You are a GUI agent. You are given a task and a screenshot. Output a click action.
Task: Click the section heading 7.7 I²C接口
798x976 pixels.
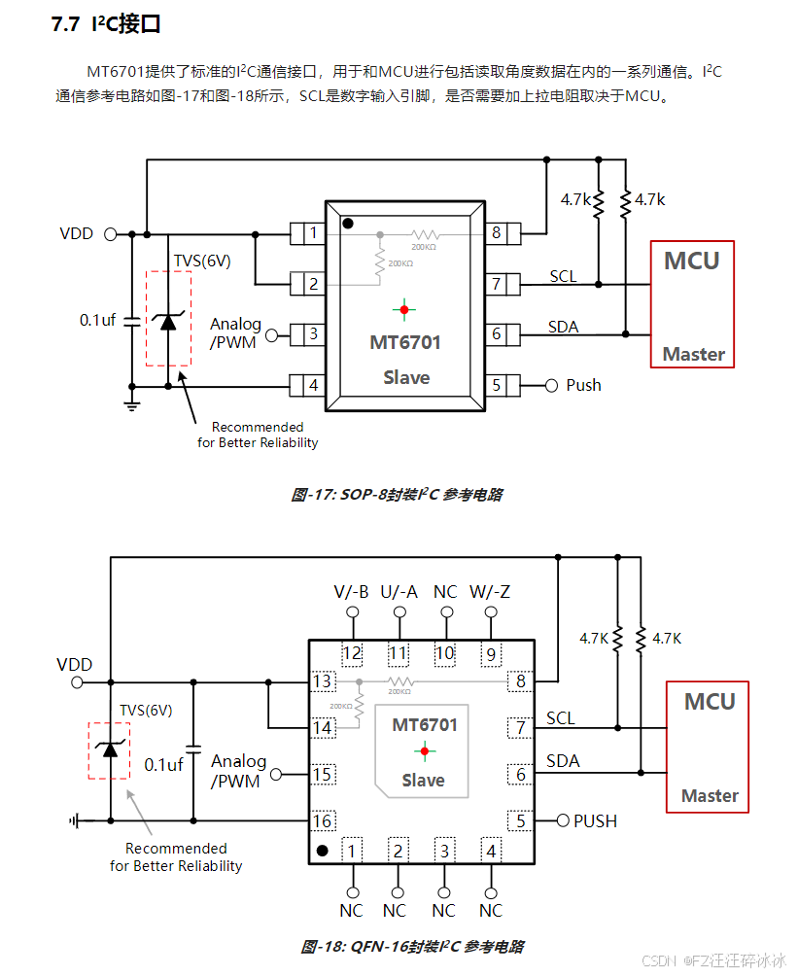tap(106, 25)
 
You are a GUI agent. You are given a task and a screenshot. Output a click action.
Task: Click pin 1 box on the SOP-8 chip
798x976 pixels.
tap(311, 233)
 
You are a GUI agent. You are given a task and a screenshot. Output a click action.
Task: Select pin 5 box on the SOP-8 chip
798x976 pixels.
tap(498, 385)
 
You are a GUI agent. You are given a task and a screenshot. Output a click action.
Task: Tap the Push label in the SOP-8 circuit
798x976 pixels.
tap(583, 385)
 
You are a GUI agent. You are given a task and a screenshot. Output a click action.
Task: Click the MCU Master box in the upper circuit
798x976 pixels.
tap(692, 304)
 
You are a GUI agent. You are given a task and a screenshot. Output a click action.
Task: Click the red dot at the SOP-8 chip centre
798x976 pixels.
tap(404, 309)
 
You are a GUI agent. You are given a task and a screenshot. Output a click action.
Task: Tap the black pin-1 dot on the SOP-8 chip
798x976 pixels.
tap(347, 223)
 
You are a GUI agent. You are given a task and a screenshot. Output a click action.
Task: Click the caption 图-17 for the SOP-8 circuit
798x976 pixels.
tap(397, 495)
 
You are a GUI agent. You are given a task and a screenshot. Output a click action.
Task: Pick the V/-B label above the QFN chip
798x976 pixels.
tap(351, 592)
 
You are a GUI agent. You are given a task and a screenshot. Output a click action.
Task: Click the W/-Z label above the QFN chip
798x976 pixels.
tap(490, 592)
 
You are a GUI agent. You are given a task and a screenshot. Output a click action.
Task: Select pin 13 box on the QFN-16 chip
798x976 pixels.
tap(323, 681)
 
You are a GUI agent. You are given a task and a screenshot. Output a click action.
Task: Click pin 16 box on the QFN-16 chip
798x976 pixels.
tap(323, 821)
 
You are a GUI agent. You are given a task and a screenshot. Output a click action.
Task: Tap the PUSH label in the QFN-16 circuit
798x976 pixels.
tap(595, 821)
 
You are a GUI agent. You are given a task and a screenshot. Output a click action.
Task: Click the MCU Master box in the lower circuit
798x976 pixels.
tap(709, 747)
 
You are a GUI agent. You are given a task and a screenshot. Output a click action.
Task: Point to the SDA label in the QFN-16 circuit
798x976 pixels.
tap(562, 760)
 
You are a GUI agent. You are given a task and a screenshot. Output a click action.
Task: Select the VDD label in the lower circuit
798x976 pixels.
tap(75, 665)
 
